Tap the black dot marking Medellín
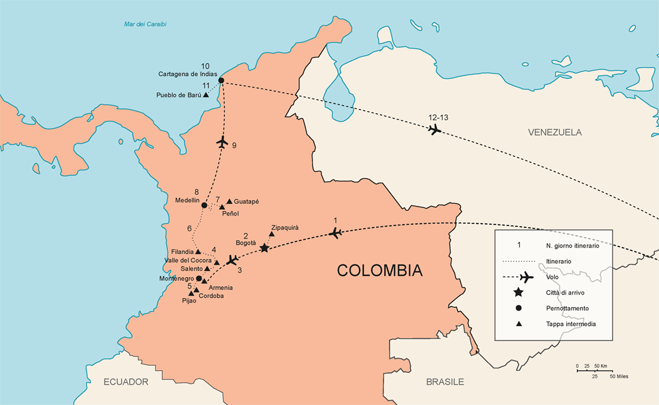tap(204, 205)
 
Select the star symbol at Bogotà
tap(264, 247)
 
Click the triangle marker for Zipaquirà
tap(271, 234)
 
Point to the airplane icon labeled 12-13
tap(434, 130)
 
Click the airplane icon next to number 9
tap(222, 142)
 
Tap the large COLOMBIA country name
tap(379, 271)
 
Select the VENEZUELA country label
tap(555, 132)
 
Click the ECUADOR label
tap(126, 382)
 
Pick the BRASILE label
tap(445, 382)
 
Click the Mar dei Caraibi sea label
tap(145, 24)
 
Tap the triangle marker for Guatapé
tap(229, 201)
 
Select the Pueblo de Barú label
tap(179, 95)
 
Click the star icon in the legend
tap(519, 292)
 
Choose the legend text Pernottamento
tap(567, 308)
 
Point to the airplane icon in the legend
tap(526, 277)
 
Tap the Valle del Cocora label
tap(188, 260)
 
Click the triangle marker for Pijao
tap(192, 293)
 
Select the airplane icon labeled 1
tap(336, 233)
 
